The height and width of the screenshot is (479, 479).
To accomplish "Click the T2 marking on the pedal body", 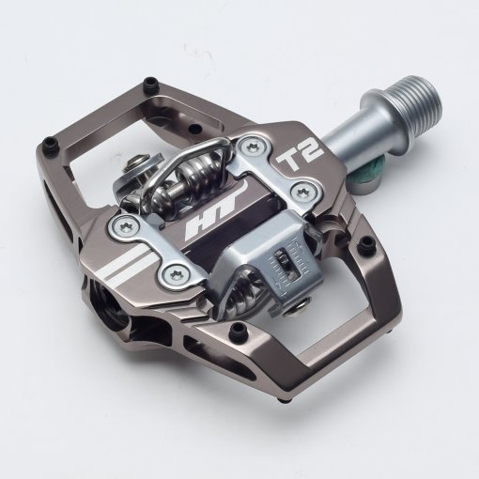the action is coord(300,154).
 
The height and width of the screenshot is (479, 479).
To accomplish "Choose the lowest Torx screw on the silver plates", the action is coord(175,274).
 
